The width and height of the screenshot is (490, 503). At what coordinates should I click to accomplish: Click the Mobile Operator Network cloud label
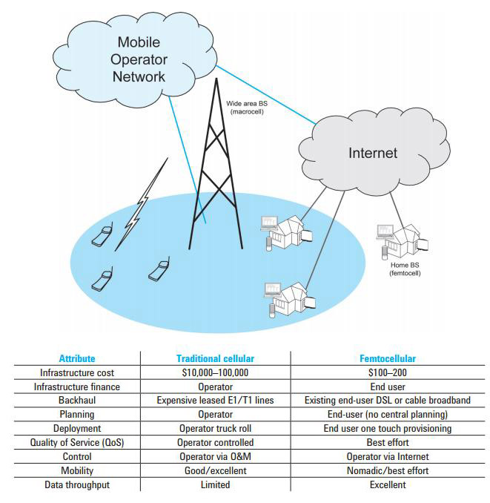click(x=139, y=59)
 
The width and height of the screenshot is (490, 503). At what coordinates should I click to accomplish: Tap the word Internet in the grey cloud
click(x=373, y=154)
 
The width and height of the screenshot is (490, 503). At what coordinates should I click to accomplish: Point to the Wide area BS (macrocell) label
click(x=248, y=108)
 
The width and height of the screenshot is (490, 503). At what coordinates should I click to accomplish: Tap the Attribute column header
click(x=77, y=358)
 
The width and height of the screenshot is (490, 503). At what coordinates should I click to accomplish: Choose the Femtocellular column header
click(x=387, y=358)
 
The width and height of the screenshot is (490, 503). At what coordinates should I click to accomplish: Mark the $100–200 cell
click(x=387, y=372)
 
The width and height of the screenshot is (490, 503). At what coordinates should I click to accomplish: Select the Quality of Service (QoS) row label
click(x=77, y=443)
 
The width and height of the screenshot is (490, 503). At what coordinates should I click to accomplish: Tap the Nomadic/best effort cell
click(x=387, y=471)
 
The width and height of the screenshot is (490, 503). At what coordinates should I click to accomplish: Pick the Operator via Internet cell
click(x=387, y=457)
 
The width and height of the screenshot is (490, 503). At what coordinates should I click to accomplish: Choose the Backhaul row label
click(x=77, y=401)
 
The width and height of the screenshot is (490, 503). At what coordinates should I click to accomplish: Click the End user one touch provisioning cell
click(x=387, y=429)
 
